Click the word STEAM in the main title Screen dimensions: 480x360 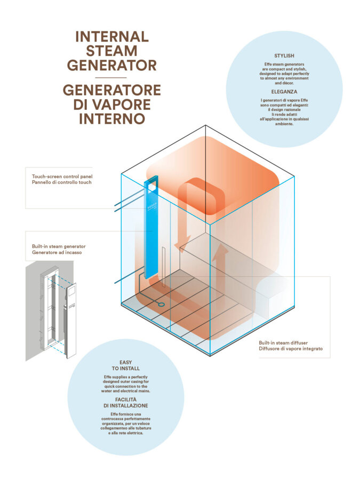coord(111,51)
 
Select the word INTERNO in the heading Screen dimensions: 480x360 coord(111,118)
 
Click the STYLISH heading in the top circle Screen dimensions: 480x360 coord(284,55)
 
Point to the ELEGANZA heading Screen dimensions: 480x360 coord(284,92)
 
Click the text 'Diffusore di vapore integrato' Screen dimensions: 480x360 coord(291,349)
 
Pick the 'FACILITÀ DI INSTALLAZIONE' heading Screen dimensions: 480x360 coord(126,402)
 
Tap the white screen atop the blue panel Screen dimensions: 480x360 coord(153,184)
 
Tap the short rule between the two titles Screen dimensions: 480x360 coord(111,77)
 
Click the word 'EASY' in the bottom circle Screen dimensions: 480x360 coord(126,362)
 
